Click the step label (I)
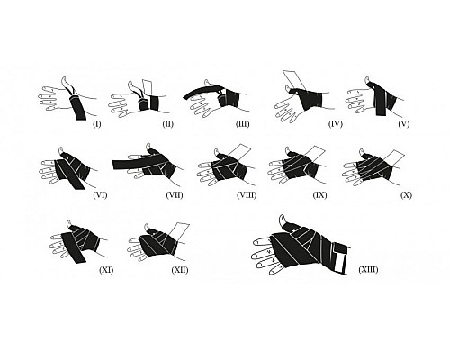[x=96, y=124]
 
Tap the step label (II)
[x=168, y=124]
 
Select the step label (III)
[x=243, y=124]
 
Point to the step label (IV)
[x=336, y=124]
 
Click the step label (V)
[x=404, y=124]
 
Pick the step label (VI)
[x=100, y=195]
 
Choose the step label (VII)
[x=175, y=195]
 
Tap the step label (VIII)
[x=247, y=195]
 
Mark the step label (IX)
[x=319, y=195]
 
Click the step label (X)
[x=406, y=195]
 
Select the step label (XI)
[x=106, y=270]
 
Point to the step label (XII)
[x=180, y=270]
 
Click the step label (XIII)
[x=368, y=269]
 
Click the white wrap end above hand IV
[x=294, y=79]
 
